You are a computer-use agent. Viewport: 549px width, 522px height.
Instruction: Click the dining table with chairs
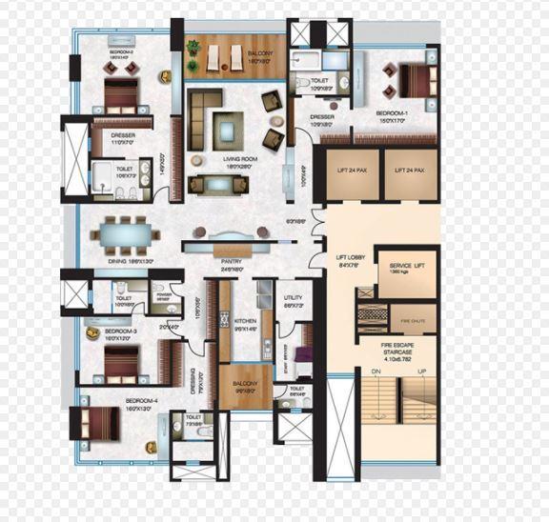click(x=126, y=231)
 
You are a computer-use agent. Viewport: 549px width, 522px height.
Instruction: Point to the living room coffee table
click(x=228, y=125)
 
